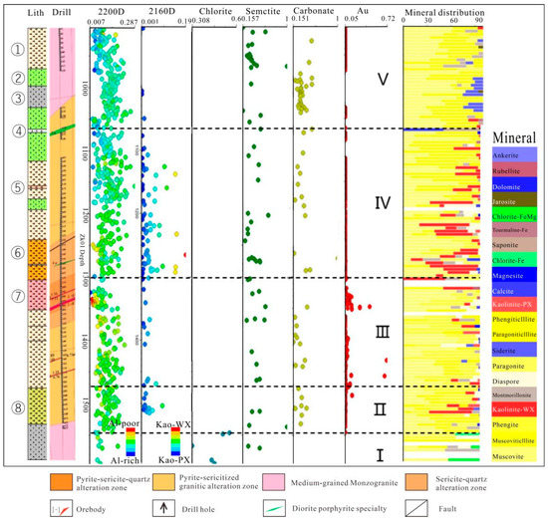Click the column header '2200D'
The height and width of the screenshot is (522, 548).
coord(113,9)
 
